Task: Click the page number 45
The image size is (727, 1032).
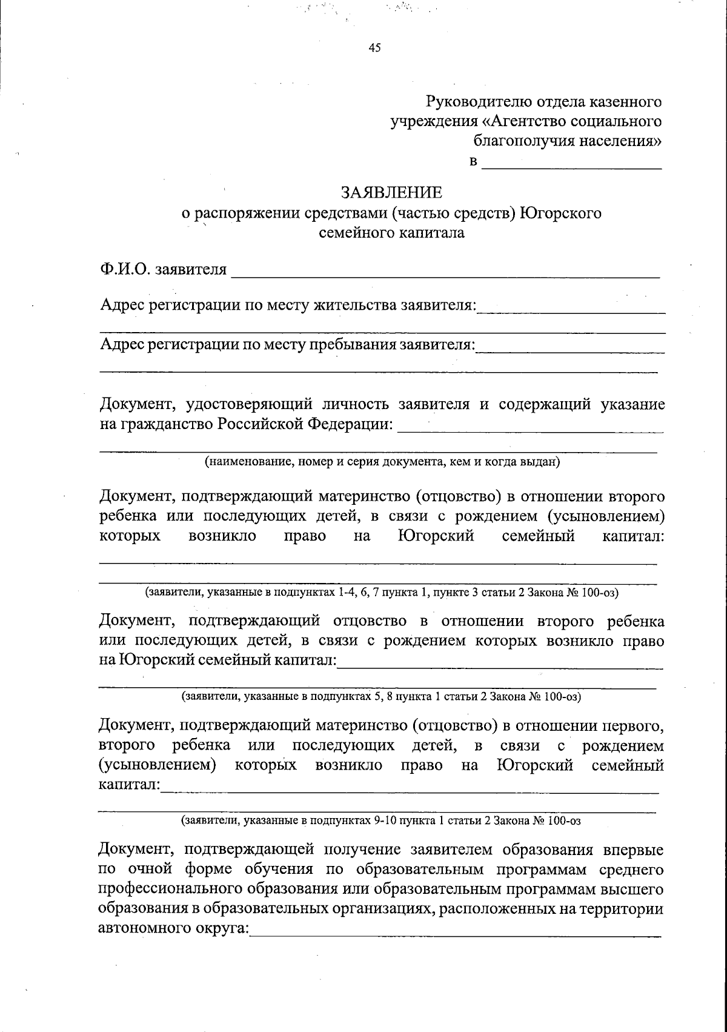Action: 374,49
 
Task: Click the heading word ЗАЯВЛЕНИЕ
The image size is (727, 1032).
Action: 391,193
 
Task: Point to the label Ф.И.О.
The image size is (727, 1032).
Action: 125,269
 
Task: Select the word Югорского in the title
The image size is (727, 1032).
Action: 560,213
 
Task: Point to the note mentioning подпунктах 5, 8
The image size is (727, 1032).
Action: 382,696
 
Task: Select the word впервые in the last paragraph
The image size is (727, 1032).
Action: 634,850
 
